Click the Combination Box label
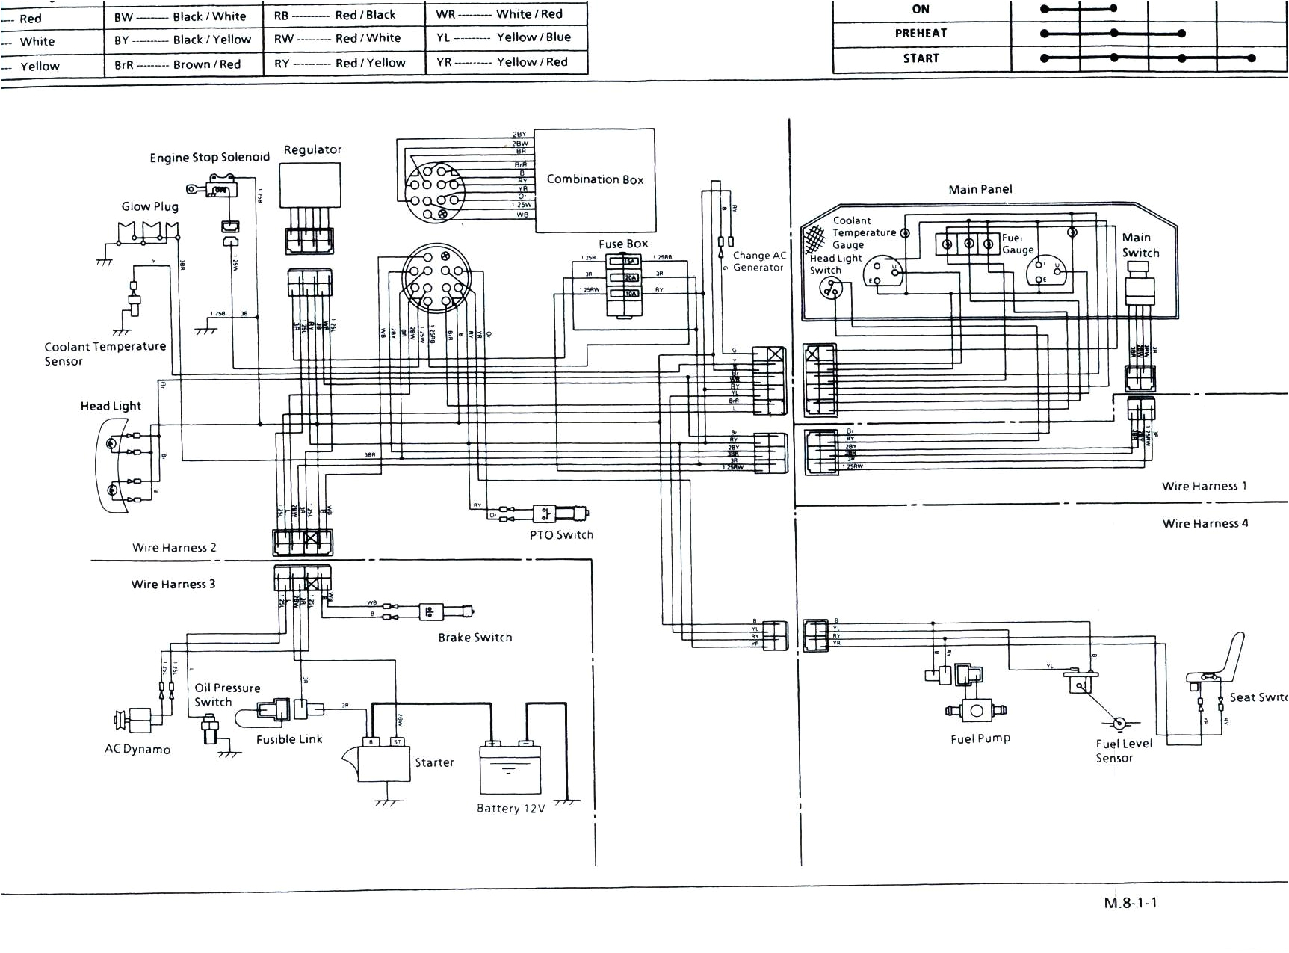[x=595, y=179]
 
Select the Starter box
[x=384, y=762]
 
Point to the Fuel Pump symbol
[x=976, y=710]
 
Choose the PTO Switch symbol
[x=560, y=514]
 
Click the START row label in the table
[x=921, y=58]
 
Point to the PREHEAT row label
[x=921, y=34]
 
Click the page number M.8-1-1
[x=1130, y=902]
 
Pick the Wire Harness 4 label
[x=1205, y=523]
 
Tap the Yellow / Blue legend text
[x=534, y=37]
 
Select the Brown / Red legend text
[x=207, y=64]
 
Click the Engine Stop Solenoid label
[x=209, y=158]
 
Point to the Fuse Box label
[x=623, y=244]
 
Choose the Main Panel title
[x=980, y=189]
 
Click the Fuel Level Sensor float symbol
[x=1119, y=723]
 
